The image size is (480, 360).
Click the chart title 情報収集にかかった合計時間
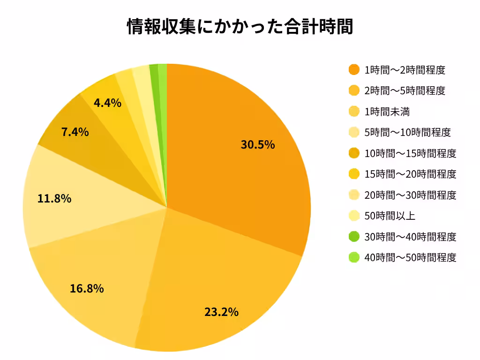(240, 26)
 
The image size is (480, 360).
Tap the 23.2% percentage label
(221, 311)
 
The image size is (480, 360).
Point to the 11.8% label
(54, 199)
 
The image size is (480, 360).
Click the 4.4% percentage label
(107, 103)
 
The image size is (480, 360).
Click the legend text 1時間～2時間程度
(405, 70)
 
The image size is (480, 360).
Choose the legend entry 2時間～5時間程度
(405, 91)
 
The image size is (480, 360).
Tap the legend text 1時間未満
(387, 112)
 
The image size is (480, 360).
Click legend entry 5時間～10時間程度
(407, 133)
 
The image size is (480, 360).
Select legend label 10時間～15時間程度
(410, 153)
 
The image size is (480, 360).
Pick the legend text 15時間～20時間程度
(410, 174)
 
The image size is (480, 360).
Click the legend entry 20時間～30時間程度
(410, 195)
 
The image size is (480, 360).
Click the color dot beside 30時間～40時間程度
(354, 237)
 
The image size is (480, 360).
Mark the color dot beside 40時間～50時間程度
(354, 257)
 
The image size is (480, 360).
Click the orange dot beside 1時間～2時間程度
(354, 70)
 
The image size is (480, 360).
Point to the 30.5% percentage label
(257, 144)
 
